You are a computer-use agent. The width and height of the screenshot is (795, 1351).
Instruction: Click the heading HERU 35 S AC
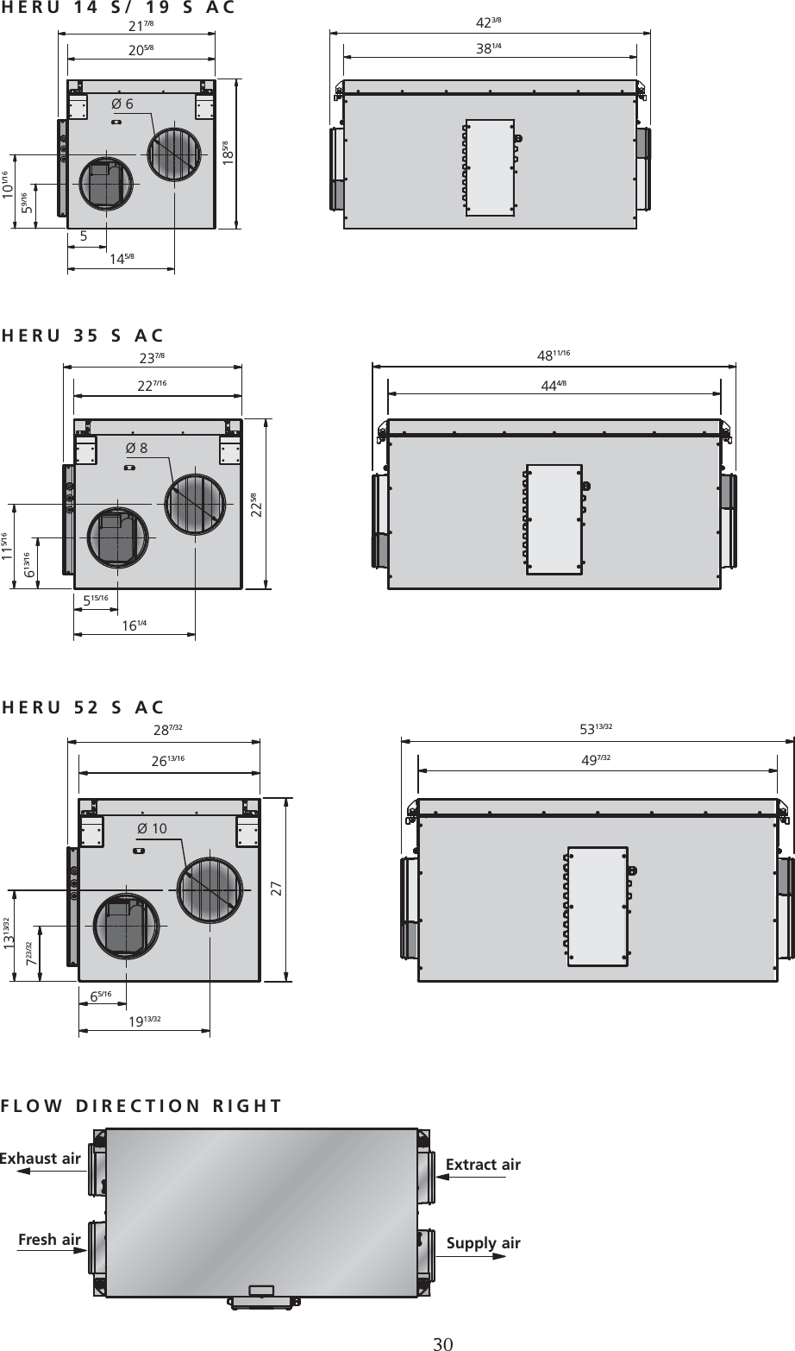click(x=84, y=336)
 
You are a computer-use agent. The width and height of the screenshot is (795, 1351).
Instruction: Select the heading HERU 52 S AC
click(x=84, y=708)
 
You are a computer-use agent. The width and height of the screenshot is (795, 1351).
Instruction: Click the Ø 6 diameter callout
click(x=123, y=104)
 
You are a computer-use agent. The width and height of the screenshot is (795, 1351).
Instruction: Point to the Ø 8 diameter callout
click(x=136, y=448)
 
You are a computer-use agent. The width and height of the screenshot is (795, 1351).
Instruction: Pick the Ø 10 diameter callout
click(x=152, y=828)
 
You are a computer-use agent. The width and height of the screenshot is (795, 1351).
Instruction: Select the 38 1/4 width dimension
click(x=489, y=49)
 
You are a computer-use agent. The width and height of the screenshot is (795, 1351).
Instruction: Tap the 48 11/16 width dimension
click(x=554, y=355)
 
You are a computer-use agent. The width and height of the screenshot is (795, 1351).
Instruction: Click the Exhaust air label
click(x=40, y=1158)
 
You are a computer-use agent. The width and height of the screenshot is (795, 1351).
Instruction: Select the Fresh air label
click(x=49, y=1240)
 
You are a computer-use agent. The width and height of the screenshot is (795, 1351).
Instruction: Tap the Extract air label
click(x=483, y=1165)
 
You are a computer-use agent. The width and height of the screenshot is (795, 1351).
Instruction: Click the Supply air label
click(x=483, y=1243)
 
